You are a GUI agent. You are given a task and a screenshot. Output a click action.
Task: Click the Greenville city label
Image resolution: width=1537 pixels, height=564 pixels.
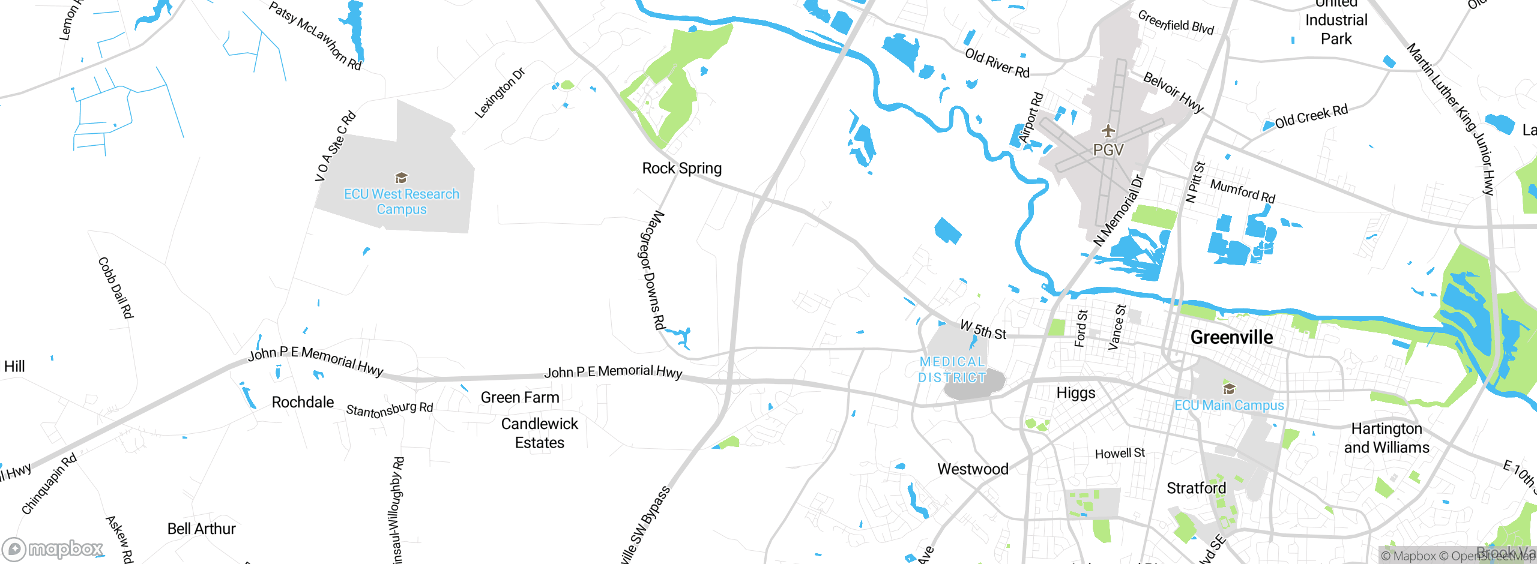point(1231,337)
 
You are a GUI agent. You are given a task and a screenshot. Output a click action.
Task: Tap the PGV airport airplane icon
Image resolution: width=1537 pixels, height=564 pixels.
point(1108,131)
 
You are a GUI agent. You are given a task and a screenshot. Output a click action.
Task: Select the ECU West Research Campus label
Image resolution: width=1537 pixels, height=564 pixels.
point(402,202)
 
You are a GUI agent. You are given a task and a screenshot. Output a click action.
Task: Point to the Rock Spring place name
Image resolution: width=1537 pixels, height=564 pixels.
point(682,169)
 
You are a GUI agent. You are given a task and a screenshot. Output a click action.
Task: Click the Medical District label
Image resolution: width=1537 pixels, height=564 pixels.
point(952,370)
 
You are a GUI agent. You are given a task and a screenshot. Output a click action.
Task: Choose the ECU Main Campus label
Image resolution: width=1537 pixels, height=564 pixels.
point(1229,406)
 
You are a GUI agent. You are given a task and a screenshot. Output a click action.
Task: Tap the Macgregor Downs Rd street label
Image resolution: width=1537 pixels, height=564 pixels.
point(651,270)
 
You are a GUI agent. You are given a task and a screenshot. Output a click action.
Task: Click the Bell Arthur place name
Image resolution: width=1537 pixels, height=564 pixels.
point(201,529)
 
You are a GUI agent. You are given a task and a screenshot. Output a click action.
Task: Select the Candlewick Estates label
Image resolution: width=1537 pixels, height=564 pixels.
point(540,433)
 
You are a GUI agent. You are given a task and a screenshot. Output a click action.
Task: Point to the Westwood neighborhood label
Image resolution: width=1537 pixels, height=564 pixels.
point(973,469)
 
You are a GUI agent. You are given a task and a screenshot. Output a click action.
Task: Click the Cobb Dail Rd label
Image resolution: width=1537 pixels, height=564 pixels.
point(115,288)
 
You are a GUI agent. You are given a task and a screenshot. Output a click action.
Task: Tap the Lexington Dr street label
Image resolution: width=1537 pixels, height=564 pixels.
point(500,93)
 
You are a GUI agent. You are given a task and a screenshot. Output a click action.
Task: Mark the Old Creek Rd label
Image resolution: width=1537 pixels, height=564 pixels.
point(1311,117)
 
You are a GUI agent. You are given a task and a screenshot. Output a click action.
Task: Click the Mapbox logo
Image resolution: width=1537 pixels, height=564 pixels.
point(53,549)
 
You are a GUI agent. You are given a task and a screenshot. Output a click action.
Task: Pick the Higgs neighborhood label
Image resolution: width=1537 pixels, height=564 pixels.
point(1076,394)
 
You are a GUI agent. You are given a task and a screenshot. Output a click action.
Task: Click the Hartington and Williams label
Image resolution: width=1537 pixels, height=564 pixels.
point(1386,438)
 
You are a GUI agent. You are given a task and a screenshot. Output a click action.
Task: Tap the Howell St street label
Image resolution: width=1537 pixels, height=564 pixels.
point(1120,454)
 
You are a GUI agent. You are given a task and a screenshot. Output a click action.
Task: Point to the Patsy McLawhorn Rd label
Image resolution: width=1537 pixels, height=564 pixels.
point(315,36)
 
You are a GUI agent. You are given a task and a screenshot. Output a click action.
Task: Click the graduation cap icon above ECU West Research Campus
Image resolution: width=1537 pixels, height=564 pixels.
point(401,178)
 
